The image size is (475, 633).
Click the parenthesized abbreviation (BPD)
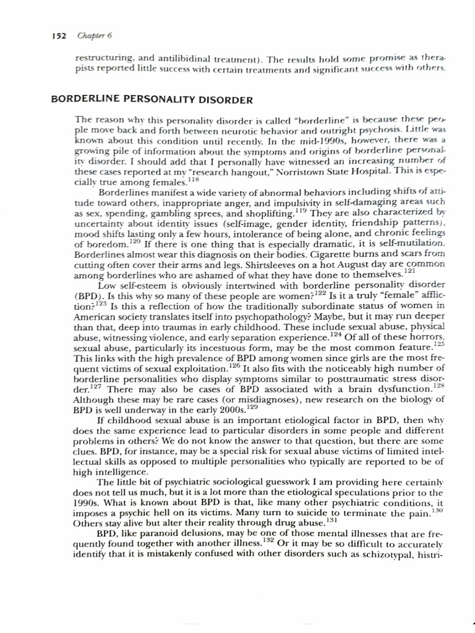[88, 305]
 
